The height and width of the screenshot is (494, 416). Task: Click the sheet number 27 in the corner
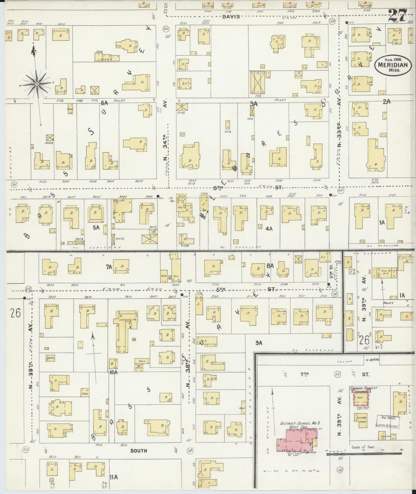(x=398, y=15)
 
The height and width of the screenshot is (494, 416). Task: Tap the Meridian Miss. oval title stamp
(x=393, y=65)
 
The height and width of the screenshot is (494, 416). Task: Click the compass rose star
(x=37, y=84)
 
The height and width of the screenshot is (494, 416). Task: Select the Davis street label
(x=231, y=17)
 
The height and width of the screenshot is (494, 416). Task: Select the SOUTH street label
(x=138, y=450)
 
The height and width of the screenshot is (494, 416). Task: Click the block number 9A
(x=259, y=343)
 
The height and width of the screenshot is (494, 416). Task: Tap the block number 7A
(x=109, y=267)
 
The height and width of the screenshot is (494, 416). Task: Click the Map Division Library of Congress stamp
(x=387, y=422)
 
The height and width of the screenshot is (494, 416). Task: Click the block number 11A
(x=114, y=477)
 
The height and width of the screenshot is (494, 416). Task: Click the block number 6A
(x=104, y=102)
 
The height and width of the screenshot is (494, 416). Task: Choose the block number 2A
(x=387, y=101)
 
